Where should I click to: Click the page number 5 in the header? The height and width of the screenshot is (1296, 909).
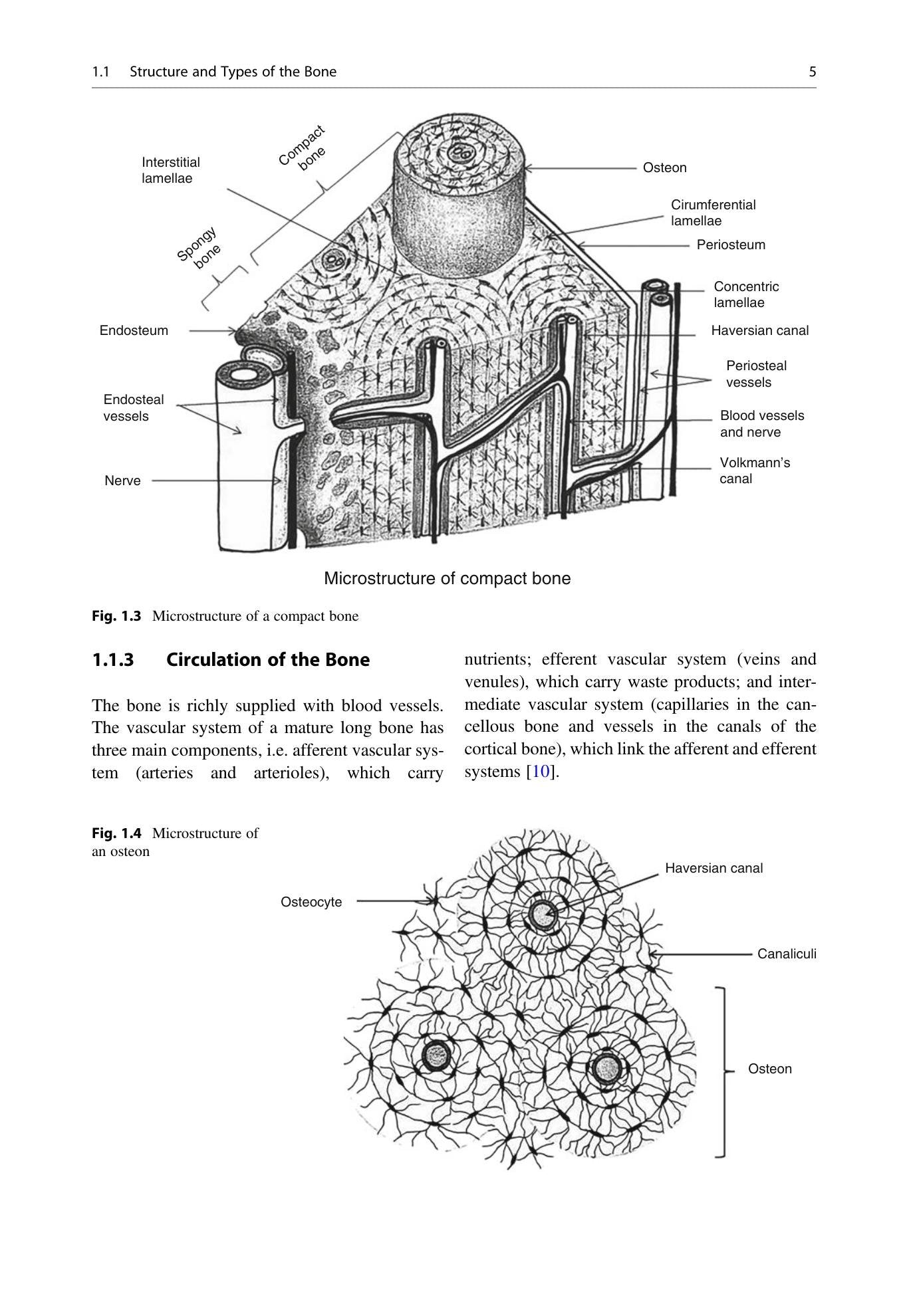tap(812, 72)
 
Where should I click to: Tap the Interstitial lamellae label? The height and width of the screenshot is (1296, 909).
tap(171, 170)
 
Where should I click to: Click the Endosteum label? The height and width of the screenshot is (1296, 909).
tap(134, 330)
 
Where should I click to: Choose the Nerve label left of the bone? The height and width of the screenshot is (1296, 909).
tap(122, 481)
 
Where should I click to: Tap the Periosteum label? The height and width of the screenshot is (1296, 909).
tap(731, 245)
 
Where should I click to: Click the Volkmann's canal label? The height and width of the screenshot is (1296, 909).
tap(755, 471)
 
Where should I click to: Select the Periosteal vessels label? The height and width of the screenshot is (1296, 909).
tap(756, 374)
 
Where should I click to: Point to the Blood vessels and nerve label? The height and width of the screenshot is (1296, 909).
tap(762, 424)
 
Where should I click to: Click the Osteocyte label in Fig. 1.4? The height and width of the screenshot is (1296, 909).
tap(311, 902)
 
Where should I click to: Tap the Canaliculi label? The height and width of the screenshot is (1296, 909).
tap(787, 954)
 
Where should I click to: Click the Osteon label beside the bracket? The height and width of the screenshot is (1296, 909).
tap(770, 1069)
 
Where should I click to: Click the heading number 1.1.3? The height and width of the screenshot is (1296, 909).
tap(113, 660)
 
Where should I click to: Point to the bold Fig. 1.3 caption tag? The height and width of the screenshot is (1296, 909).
tap(116, 616)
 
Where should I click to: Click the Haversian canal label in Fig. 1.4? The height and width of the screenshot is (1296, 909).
tap(714, 868)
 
